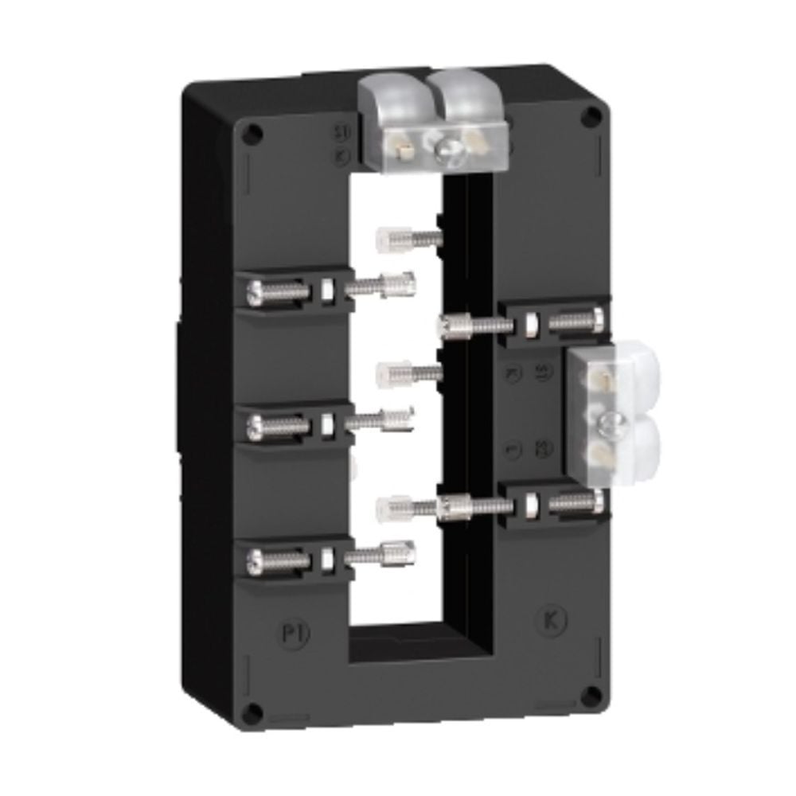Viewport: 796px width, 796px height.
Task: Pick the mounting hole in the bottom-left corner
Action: [252, 711]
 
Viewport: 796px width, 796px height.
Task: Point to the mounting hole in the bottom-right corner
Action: [590, 695]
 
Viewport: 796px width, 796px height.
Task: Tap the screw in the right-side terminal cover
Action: [611, 423]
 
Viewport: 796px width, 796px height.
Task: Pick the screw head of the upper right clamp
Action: [597, 321]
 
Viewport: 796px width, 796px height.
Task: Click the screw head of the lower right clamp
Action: [597, 501]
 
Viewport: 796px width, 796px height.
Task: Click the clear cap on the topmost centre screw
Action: [384, 236]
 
